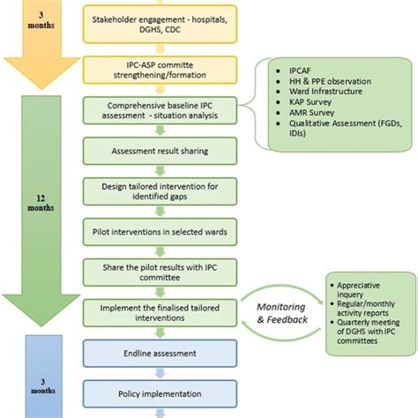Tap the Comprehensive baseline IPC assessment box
coord(159,110)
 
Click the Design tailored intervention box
coord(159,190)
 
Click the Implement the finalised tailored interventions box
coord(159,311)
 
